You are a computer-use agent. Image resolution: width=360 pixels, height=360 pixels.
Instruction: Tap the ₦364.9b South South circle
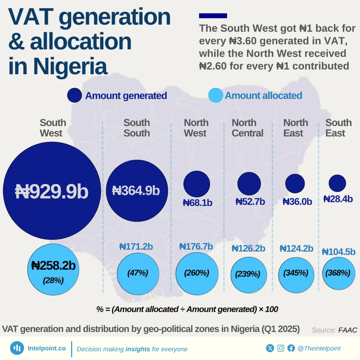pos(136,191)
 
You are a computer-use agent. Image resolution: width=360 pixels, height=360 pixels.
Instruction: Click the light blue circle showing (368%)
pos(338,273)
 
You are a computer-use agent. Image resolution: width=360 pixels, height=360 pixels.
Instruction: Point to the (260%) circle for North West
pos(197,273)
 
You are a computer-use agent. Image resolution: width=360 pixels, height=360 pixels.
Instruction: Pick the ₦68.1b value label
pos(197,203)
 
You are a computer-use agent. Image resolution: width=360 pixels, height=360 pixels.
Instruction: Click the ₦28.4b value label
pos(338,199)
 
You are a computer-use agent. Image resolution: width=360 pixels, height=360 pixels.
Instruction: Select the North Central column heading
pos(247,128)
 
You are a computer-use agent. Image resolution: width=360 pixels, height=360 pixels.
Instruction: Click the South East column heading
pos(338,128)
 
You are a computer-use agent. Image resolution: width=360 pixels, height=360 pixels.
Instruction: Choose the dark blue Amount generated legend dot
pos(75,96)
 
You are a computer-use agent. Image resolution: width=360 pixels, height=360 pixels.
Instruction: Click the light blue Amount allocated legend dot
pos(215,96)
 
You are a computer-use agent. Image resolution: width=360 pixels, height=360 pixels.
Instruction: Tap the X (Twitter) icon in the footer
pos(270,348)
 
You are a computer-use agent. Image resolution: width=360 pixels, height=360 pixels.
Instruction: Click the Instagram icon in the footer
pos(281,348)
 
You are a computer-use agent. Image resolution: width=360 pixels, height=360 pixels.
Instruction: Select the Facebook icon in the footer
pos(291,348)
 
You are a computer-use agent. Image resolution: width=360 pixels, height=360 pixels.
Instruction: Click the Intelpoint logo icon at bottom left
pos(17,348)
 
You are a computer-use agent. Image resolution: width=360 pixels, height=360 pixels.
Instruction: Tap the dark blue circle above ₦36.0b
pos(295,183)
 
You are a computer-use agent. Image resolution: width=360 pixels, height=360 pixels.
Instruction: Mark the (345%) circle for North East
pos(296,273)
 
